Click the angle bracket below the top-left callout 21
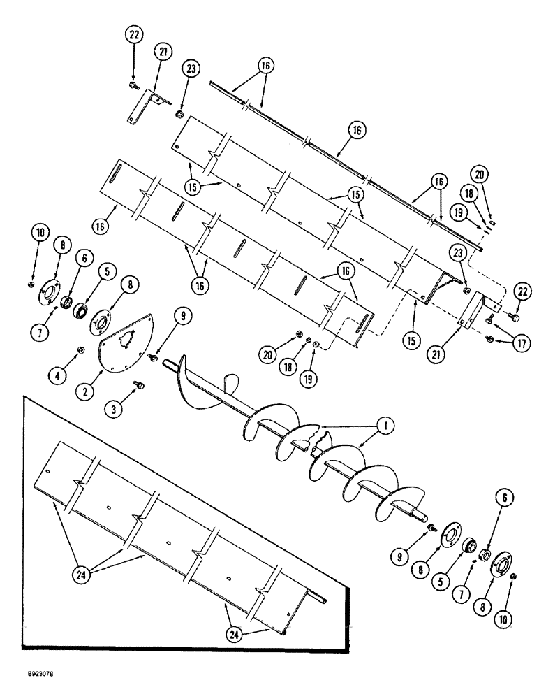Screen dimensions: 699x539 [148, 105]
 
